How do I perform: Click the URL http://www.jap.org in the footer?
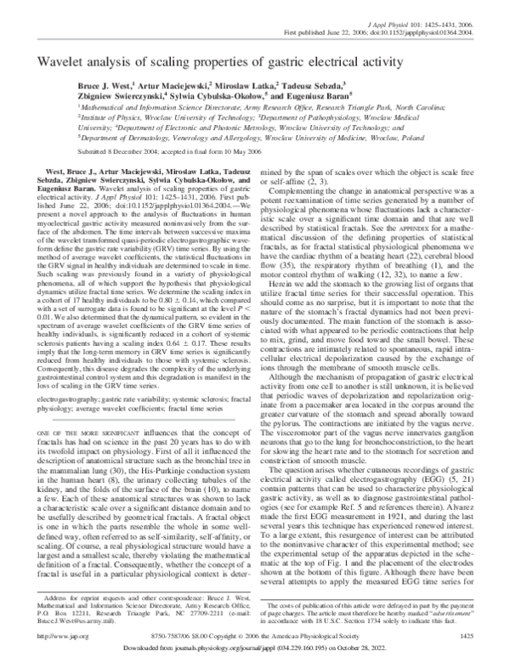tap(49, 634)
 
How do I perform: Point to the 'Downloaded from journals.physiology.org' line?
tap(255, 650)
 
